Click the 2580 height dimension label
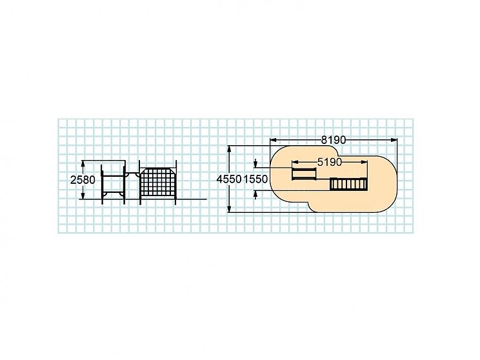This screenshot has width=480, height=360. click(x=83, y=180)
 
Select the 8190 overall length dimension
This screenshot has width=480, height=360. click(x=334, y=140)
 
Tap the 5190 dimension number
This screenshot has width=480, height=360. click(x=330, y=162)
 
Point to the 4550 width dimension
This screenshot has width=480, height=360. click(x=229, y=179)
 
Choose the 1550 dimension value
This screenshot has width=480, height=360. click(x=255, y=179)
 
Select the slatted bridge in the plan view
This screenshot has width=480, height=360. click(x=348, y=185)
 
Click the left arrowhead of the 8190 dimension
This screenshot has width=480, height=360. click(x=274, y=140)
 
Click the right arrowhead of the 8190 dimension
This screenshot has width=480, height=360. click(x=394, y=140)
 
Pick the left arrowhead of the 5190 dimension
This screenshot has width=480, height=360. click(x=295, y=162)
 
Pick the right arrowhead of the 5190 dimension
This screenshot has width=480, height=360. click(x=364, y=162)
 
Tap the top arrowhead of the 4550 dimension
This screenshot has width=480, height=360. click(x=229, y=150)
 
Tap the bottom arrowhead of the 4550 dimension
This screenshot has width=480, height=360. click(x=229, y=208)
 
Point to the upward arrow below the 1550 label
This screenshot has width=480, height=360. click(x=255, y=195)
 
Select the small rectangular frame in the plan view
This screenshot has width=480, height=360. click(x=304, y=174)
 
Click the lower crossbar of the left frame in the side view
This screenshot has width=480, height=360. click(x=114, y=192)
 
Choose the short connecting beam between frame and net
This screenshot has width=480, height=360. click(x=132, y=173)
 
